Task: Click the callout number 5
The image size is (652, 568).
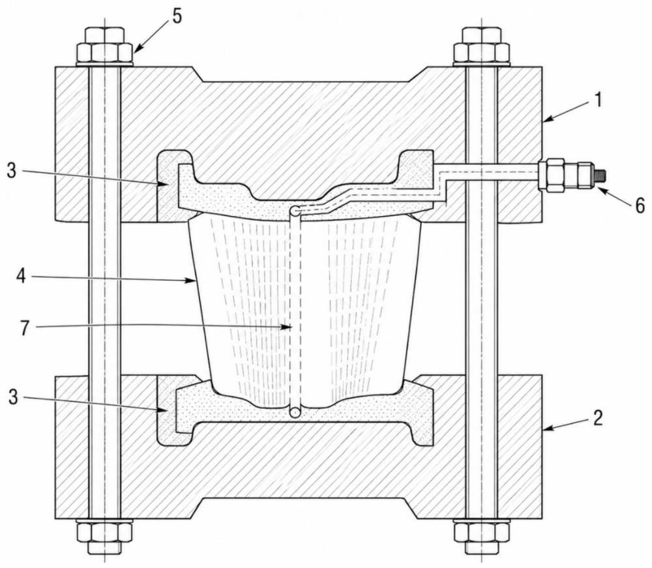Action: pos(177,17)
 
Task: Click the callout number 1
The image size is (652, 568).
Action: pos(599,100)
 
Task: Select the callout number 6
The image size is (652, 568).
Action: pos(640,205)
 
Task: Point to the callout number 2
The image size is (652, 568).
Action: pos(597,418)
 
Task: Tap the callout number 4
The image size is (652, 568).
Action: pos(22,276)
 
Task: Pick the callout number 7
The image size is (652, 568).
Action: pos(25,328)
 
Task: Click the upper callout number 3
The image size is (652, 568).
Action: pos(12,171)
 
